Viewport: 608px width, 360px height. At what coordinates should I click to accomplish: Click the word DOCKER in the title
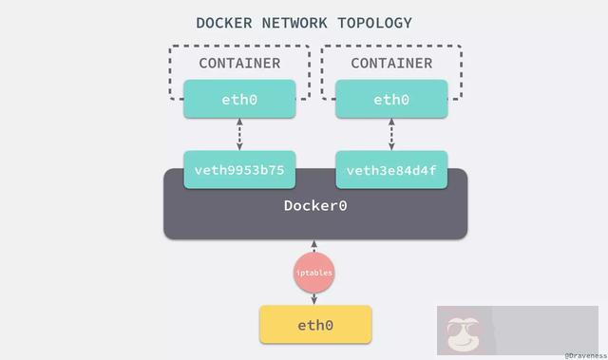(223, 22)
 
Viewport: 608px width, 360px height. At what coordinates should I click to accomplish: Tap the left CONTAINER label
(239, 64)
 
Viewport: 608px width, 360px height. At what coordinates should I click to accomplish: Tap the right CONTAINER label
(391, 64)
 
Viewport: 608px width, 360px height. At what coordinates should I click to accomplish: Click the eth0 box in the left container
(239, 99)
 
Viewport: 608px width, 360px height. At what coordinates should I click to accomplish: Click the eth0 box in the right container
(391, 99)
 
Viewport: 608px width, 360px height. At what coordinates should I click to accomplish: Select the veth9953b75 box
(239, 170)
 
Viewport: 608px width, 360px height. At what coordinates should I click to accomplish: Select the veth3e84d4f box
(391, 170)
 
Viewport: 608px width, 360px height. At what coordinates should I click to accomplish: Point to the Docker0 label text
(315, 205)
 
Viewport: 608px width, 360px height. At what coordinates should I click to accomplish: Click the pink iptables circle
(314, 273)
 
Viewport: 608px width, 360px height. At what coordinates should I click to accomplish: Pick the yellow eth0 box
(315, 325)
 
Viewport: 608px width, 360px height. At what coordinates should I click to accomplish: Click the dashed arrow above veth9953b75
(239, 134)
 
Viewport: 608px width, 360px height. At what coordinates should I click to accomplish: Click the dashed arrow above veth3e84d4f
(391, 134)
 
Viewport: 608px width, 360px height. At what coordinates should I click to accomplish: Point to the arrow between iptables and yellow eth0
(314, 297)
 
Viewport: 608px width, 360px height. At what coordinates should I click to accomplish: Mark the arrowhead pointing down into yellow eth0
(314, 302)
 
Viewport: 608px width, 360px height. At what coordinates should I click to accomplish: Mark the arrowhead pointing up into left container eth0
(239, 122)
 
